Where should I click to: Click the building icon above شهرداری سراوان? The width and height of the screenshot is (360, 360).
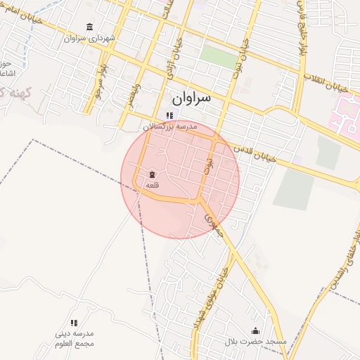[89, 27]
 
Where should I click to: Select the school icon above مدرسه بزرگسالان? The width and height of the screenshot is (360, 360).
[169, 116]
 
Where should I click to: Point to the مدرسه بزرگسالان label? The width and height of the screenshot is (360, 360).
[170, 127]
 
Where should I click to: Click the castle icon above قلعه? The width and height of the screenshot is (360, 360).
[152, 174]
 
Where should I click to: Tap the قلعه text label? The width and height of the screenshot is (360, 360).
[152, 184]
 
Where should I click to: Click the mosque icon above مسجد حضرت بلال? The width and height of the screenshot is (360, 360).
[255, 331]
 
